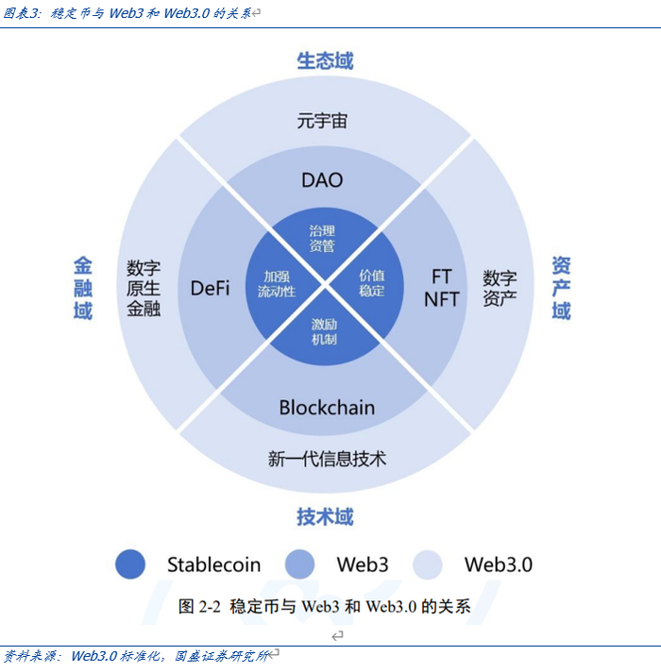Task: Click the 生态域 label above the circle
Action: tap(325, 61)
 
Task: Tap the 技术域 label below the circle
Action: tap(325, 516)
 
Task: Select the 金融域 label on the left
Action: tap(83, 288)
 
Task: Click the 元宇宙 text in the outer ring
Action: tap(322, 121)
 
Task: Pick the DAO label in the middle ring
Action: tap(322, 180)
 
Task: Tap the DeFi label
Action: tap(210, 288)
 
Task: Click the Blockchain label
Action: tap(327, 408)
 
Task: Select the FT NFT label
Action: tap(441, 288)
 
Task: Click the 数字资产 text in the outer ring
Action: tap(500, 288)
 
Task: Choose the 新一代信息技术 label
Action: tap(327, 459)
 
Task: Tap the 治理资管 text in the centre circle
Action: tap(322, 239)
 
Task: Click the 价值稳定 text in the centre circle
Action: tap(372, 283)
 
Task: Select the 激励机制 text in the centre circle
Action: tap(324, 331)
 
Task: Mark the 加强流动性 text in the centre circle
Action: tap(277, 283)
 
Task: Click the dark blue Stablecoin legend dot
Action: tap(130, 564)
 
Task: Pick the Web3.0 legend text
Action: tap(498, 564)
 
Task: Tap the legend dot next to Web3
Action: tap(299, 564)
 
